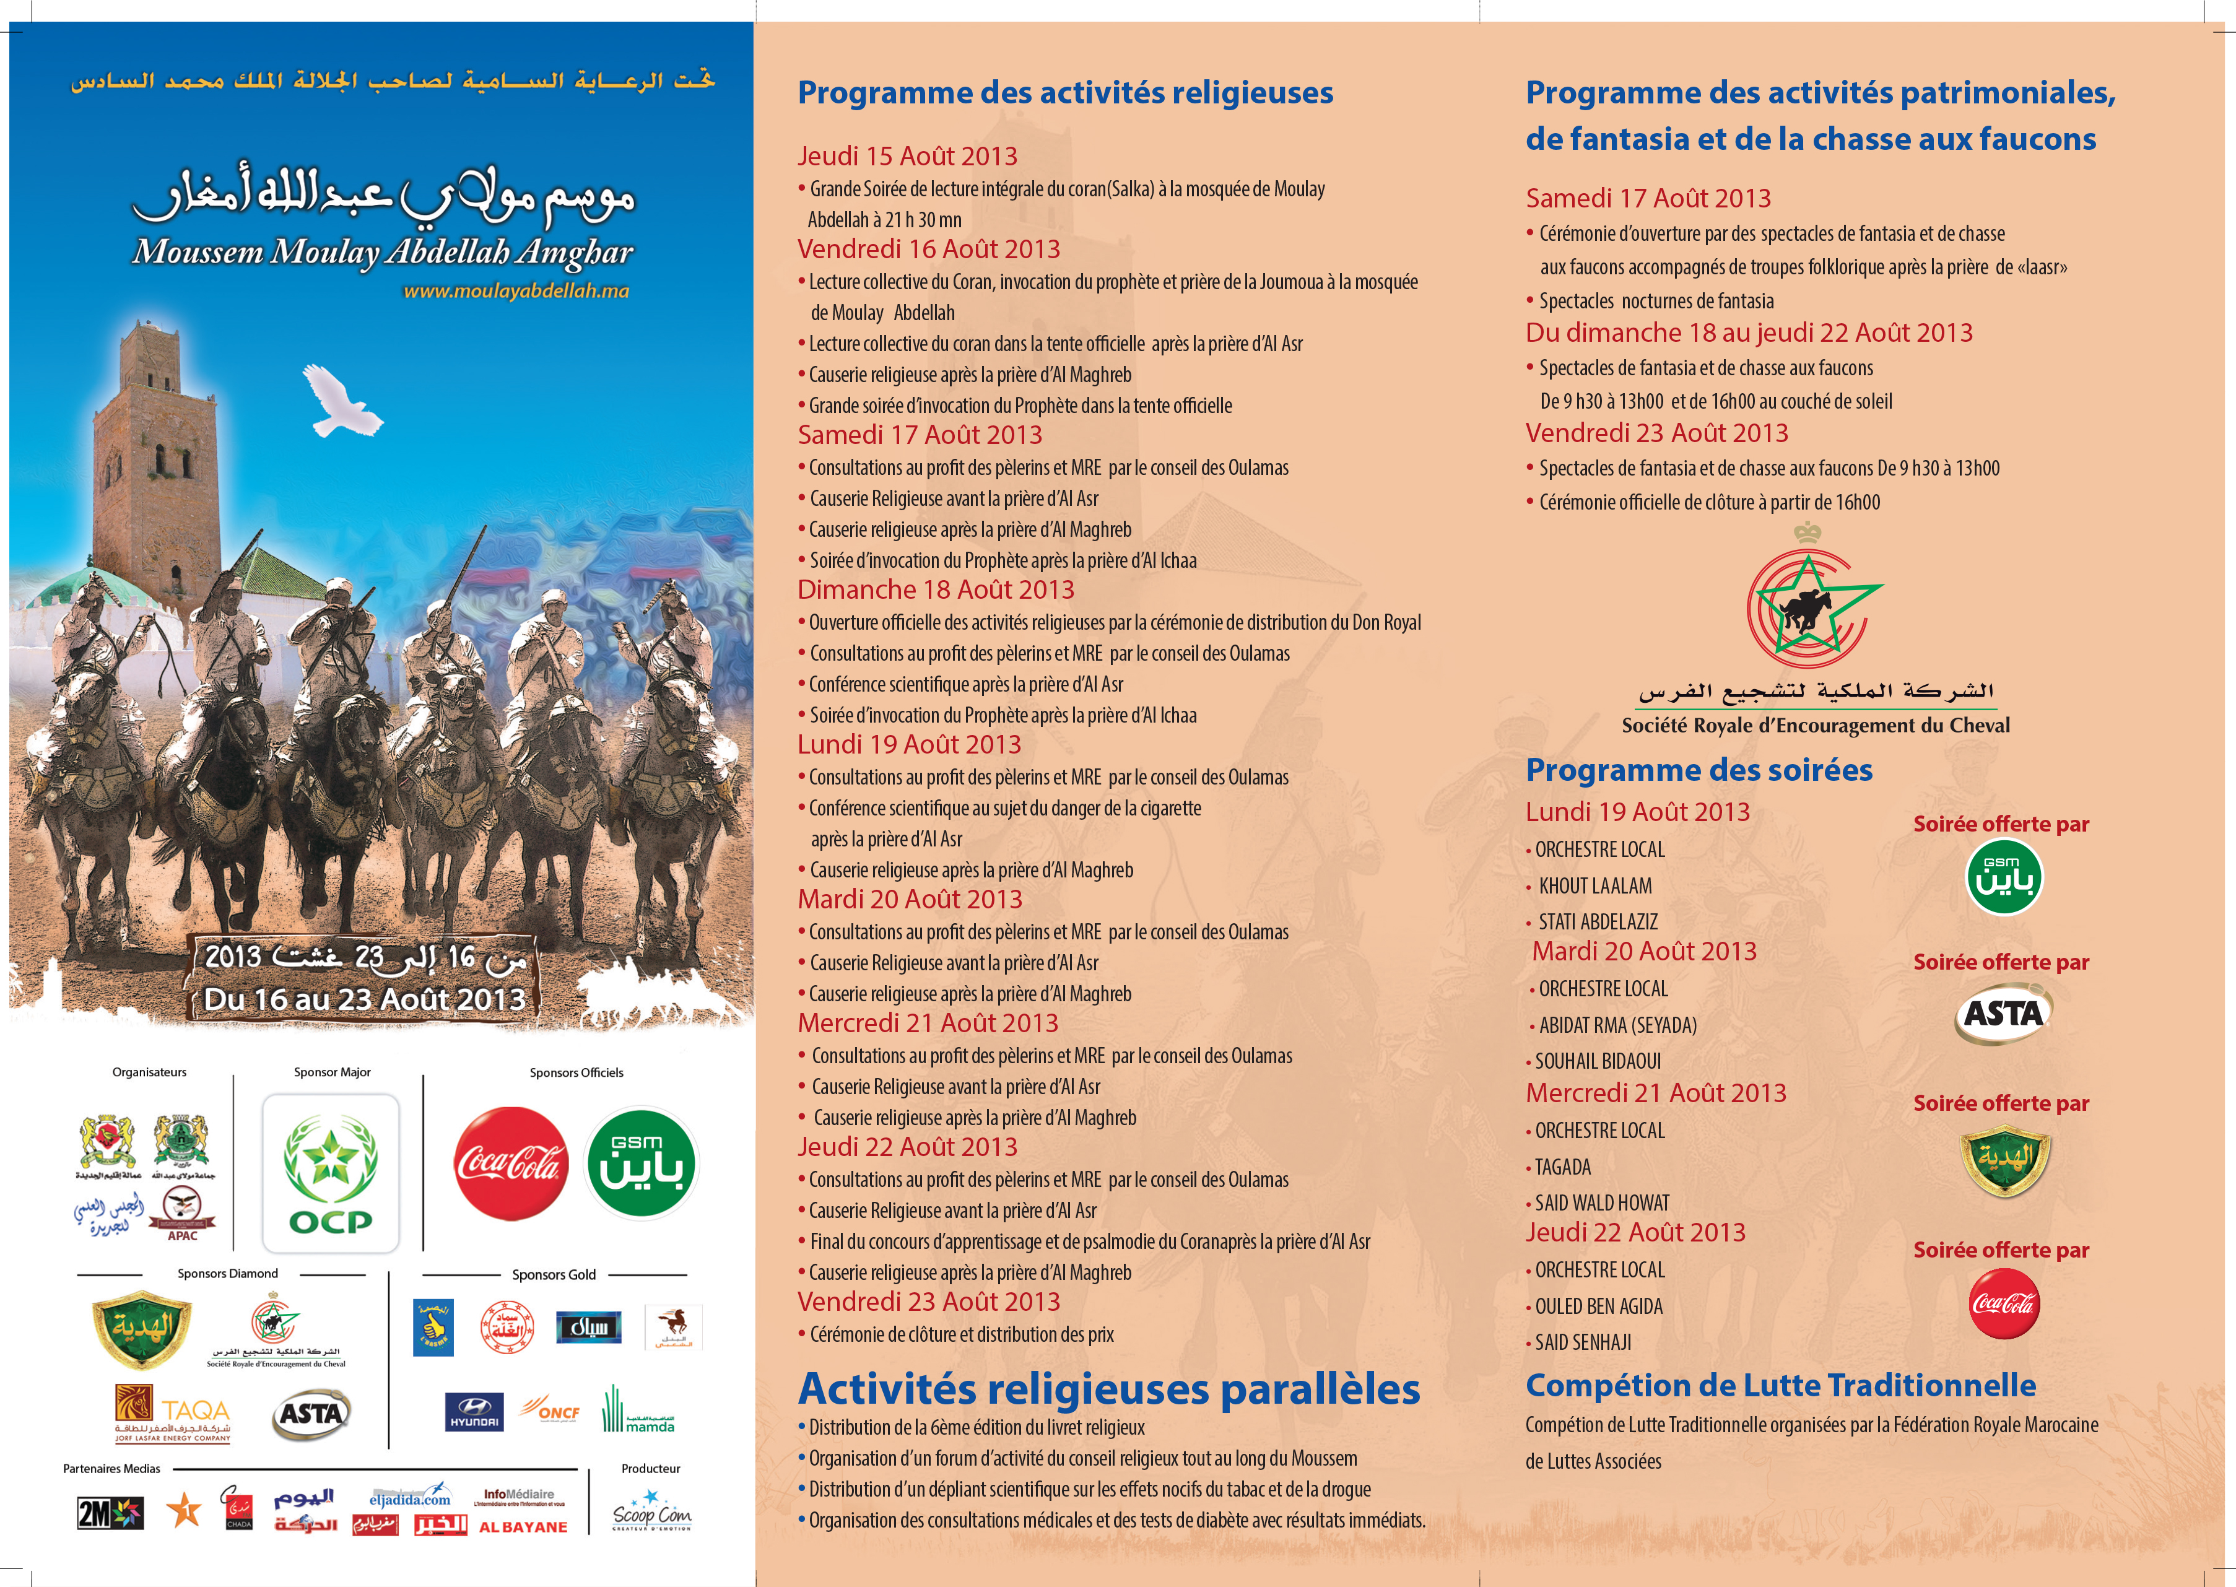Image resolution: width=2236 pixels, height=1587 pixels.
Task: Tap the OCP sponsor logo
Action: pyautogui.click(x=330, y=1173)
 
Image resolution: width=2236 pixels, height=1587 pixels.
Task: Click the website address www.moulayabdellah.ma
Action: pyautogui.click(x=516, y=291)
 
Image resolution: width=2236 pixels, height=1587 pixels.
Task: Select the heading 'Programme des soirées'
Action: pyautogui.click(x=1699, y=770)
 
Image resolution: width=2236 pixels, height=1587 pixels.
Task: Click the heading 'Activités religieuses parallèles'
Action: pyautogui.click(x=1108, y=1389)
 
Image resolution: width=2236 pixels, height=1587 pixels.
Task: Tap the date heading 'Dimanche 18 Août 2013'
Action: pyautogui.click(x=935, y=590)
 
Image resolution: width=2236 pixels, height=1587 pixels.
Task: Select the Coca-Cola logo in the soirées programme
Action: pyautogui.click(x=2003, y=1303)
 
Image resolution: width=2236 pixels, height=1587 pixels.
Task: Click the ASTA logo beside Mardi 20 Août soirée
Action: pyautogui.click(x=2003, y=1014)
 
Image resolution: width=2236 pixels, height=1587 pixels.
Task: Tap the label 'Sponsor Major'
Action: pyautogui.click(x=333, y=1072)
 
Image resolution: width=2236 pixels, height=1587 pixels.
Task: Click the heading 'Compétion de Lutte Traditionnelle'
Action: pyautogui.click(x=1781, y=1386)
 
